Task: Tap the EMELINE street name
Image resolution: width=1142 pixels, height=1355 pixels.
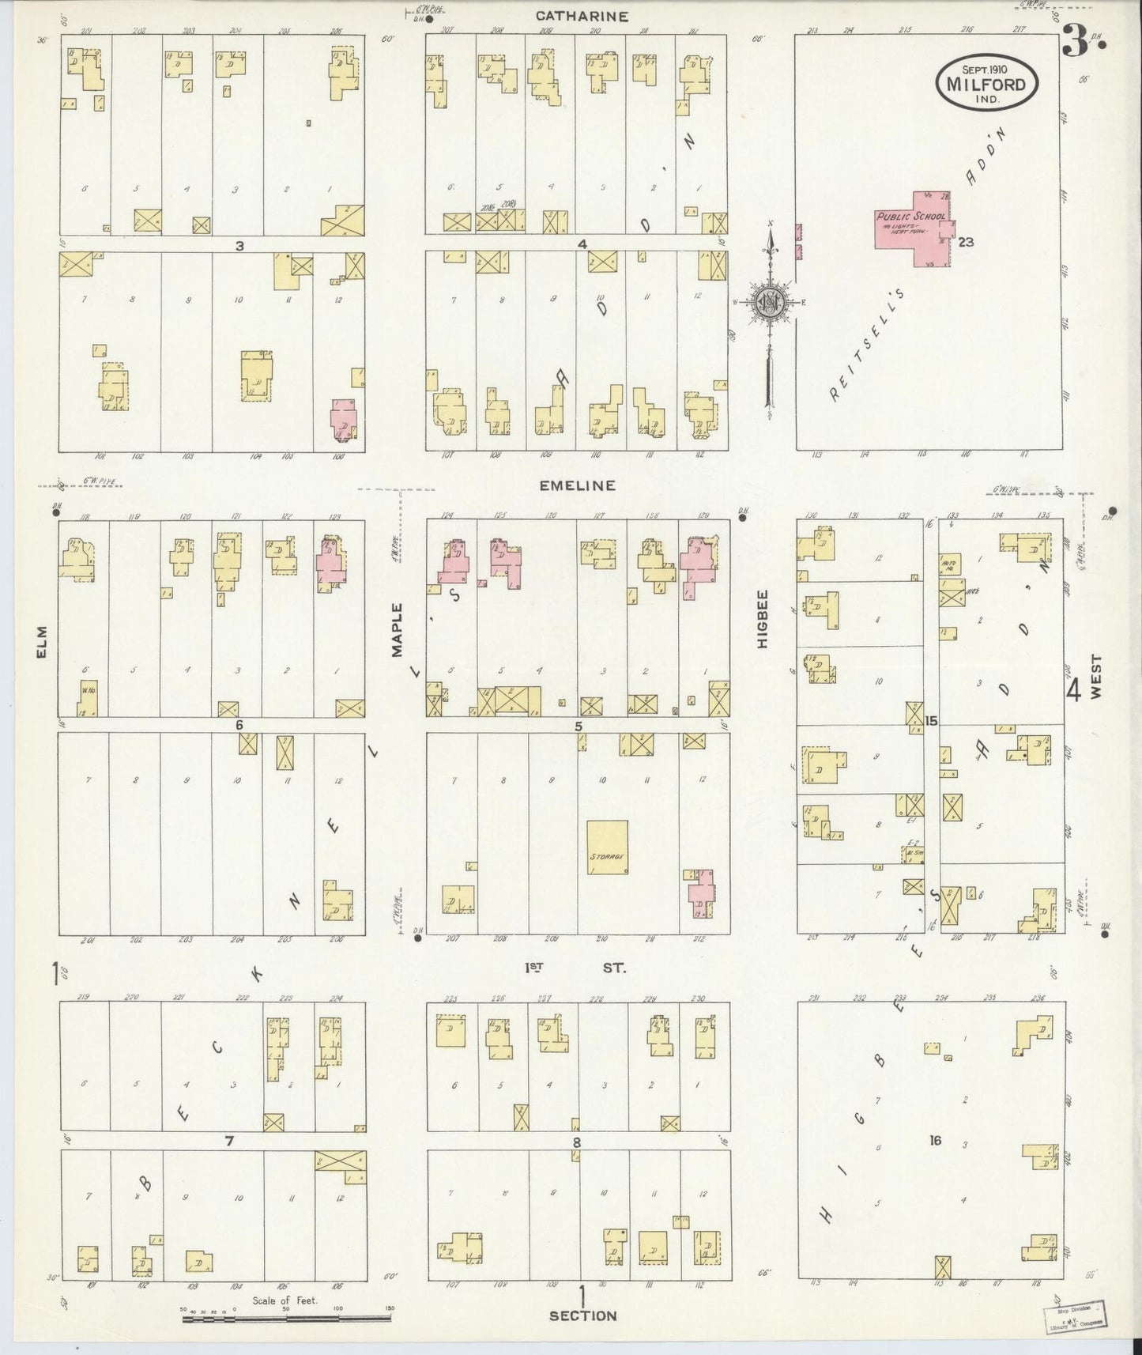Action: [x=577, y=485]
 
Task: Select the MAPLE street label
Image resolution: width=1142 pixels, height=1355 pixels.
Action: [x=397, y=629]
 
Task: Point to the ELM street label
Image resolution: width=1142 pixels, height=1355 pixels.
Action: [x=41, y=641]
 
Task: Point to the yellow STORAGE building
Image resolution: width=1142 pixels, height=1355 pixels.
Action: [x=608, y=847]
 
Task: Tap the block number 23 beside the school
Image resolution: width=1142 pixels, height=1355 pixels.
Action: [x=966, y=243]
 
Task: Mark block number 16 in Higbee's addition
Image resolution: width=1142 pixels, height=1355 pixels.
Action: [x=936, y=1140]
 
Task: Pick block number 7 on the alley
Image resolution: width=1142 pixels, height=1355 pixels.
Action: [x=229, y=1141]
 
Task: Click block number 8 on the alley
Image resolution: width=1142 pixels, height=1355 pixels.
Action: [x=577, y=1142]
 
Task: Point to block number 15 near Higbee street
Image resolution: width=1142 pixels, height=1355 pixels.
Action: [x=931, y=720]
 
